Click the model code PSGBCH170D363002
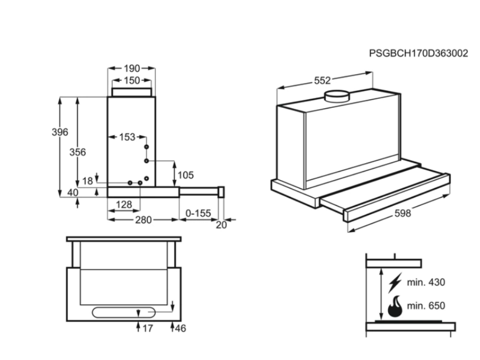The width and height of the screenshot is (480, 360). point(418,53)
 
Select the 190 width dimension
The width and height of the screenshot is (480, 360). point(132,68)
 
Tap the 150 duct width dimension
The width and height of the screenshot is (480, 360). point(132,81)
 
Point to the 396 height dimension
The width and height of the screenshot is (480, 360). point(60,132)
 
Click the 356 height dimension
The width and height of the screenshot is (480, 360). point(77,152)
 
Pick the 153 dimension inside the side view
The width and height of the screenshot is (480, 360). point(127,137)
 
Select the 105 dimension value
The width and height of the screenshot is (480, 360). point(186,175)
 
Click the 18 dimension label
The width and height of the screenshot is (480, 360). point(88,181)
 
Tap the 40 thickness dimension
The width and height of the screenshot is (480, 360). point(72,193)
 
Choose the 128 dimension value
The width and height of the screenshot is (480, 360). point(123,204)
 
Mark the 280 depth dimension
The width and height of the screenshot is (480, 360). point(143,219)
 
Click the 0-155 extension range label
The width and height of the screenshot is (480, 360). point(198,213)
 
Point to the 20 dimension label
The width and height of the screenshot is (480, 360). point(221,225)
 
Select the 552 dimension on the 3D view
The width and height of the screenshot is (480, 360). point(322,81)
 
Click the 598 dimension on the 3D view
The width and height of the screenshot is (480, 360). point(402,213)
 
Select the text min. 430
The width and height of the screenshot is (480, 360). point(426,282)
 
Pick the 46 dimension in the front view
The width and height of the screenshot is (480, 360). point(180,328)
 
